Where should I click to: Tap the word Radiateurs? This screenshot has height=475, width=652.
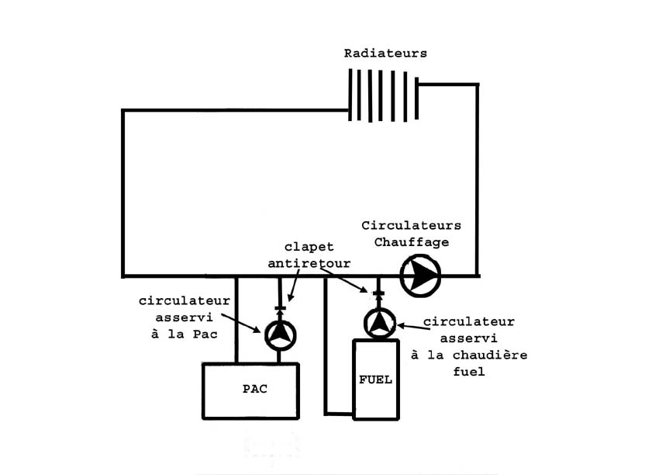(385, 54)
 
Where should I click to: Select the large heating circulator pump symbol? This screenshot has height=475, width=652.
(419, 275)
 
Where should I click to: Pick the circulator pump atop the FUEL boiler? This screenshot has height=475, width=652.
(379, 322)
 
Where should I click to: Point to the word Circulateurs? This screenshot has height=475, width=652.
(411, 226)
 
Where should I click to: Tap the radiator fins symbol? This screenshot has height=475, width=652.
(384, 95)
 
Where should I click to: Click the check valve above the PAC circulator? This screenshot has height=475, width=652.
(280, 309)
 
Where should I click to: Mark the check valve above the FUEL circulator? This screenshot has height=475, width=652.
(379, 294)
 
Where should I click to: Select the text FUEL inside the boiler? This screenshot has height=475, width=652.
(375, 380)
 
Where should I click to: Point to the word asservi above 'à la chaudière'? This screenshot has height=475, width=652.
(468, 338)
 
